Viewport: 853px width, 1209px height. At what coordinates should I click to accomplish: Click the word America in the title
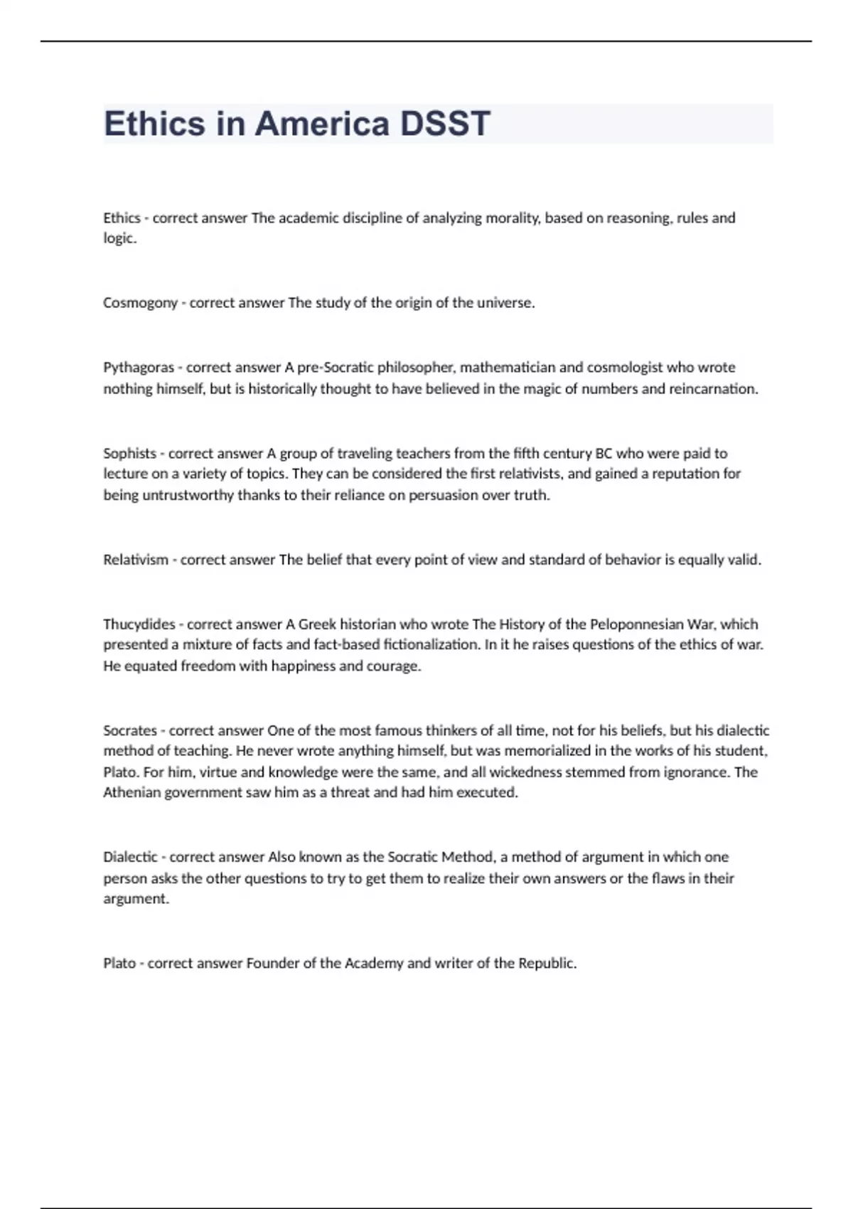322,124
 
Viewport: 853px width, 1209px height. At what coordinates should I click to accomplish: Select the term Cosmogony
140,303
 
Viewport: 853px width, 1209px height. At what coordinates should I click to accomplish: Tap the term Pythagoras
139,368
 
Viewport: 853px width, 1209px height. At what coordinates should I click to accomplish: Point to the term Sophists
129,453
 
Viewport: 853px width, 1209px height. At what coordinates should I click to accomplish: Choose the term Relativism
136,560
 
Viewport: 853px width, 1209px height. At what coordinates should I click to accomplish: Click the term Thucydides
139,624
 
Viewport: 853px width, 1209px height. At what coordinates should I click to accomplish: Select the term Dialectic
130,857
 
